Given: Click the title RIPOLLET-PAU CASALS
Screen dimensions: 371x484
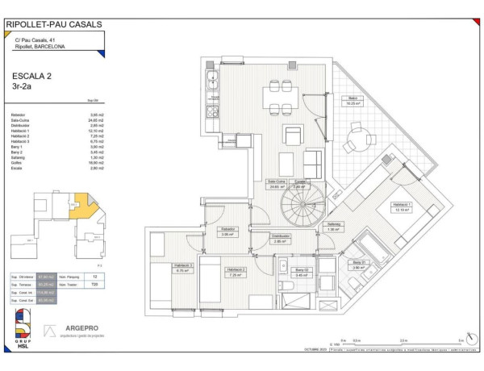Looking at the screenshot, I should (53, 24).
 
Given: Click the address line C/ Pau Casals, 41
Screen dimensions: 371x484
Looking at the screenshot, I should (35, 40).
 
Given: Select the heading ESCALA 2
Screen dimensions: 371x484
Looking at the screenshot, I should (29, 76).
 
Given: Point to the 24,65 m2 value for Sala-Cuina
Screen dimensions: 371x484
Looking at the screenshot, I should (75, 121).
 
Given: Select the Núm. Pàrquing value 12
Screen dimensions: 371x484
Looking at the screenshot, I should (94, 276).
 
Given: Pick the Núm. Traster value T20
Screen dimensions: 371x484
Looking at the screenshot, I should (94, 285).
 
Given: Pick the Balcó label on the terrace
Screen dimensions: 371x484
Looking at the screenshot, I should (353, 99).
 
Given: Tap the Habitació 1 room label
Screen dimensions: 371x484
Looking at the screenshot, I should (401, 206).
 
